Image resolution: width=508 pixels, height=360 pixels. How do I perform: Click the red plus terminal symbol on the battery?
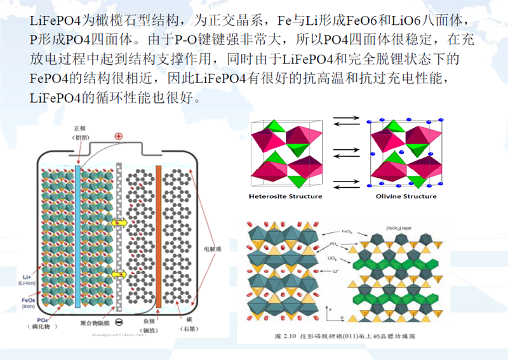tap(118, 137)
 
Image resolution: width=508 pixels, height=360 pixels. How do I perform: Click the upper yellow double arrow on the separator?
tap(119, 223)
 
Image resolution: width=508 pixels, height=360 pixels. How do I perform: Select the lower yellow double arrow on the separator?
tap(119, 274)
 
